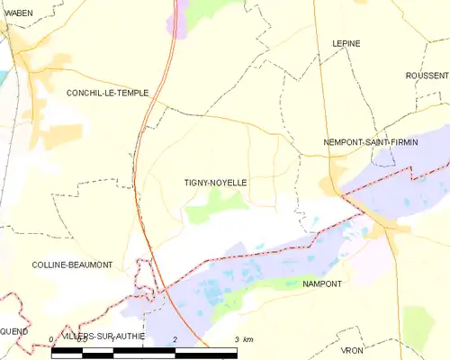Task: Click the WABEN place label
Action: click(x=19, y=13)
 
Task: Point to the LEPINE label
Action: click(x=346, y=42)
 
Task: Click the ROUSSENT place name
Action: click(x=427, y=76)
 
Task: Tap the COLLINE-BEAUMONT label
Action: click(x=72, y=265)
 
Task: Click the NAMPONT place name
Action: click(x=322, y=283)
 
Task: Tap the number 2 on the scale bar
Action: click(x=174, y=339)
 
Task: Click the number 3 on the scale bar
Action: click(x=237, y=339)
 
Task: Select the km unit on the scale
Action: click(x=248, y=339)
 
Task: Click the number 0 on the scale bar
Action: click(x=52, y=339)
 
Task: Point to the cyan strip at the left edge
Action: click(x=4, y=76)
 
